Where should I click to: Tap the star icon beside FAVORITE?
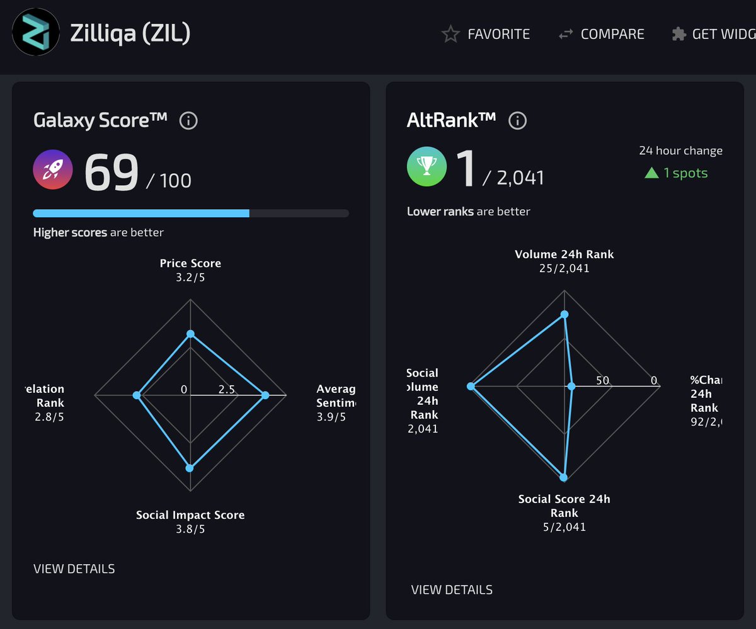[x=450, y=34]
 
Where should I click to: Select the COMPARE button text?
[x=612, y=34]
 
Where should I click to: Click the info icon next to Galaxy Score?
[x=188, y=120]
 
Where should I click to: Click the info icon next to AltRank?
[x=517, y=120]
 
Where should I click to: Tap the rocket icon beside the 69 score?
[x=53, y=170]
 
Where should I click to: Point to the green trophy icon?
[x=427, y=167]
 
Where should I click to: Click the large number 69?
[x=112, y=172]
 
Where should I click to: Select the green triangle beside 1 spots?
[x=651, y=173]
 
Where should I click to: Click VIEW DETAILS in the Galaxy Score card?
[x=74, y=569]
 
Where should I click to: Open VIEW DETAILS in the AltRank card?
[x=452, y=590]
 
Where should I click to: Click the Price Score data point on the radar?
[x=191, y=334]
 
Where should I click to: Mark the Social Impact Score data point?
[x=190, y=468]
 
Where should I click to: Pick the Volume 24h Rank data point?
[x=564, y=314]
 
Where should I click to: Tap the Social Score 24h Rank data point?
[x=564, y=477]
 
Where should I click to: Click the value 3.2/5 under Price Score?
[x=190, y=277]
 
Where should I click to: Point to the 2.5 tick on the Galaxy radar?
[x=227, y=389]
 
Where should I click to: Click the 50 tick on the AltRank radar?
[x=603, y=380]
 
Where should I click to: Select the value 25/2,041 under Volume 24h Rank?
[x=564, y=268]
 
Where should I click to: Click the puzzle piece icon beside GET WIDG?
[x=679, y=34]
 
